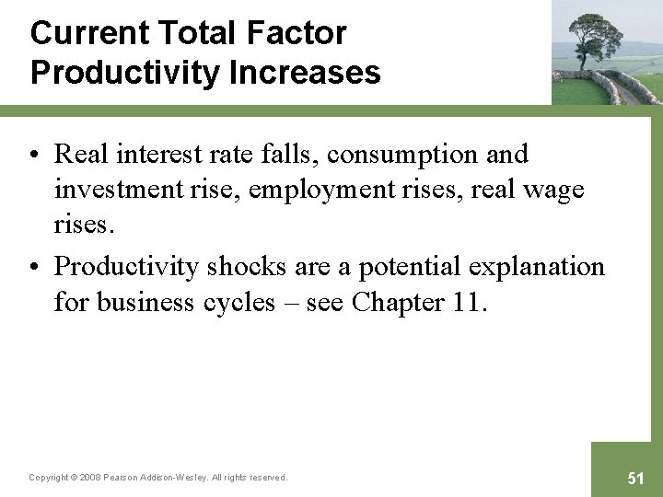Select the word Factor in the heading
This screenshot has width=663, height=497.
pyautogui.click(x=297, y=33)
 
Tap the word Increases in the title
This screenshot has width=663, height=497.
pyautogui.click(x=309, y=72)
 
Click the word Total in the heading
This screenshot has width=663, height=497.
pyautogui.click(x=200, y=33)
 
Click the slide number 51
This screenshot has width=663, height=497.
pyautogui.click(x=635, y=478)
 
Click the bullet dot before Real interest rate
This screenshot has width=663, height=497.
pyautogui.click(x=36, y=155)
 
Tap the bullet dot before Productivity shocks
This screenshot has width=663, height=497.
pyautogui.click(x=36, y=267)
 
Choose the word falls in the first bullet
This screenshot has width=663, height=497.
pyautogui.click(x=284, y=154)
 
